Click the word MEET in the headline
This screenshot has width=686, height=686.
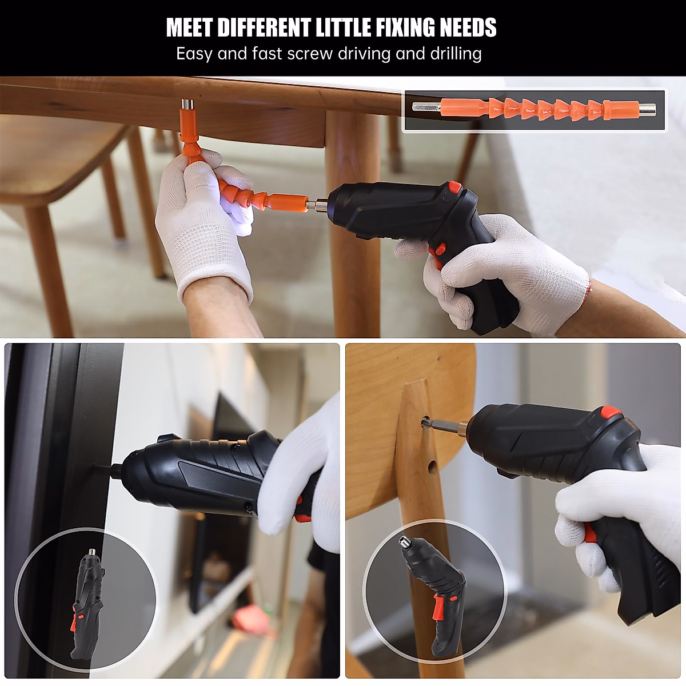point(189,27)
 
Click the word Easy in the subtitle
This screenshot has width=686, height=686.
point(194,54)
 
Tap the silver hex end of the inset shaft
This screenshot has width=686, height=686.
point(425,107)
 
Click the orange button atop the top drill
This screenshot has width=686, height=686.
point(455,187)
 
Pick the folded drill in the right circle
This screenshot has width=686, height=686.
point(434,595)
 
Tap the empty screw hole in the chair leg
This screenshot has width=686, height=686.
point(432,468)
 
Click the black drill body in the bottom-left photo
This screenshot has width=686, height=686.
point(200,472)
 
